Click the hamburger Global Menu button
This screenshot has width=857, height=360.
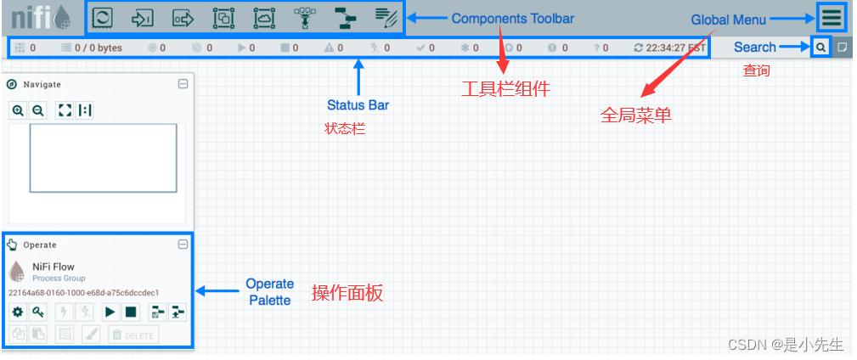point(832,18)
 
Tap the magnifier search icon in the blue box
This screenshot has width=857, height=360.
point(820,48)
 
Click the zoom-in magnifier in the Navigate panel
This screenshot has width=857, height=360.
point(18,110)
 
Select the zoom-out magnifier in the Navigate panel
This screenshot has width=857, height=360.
point(37,110)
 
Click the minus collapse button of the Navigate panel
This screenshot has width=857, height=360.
point(183,84)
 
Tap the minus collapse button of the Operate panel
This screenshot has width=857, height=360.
point(183,245)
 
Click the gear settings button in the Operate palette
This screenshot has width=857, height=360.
point(18,312)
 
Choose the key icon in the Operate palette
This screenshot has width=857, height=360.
point(38,312)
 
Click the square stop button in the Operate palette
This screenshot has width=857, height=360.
point(131,312)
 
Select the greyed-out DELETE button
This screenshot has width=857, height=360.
point(132,335)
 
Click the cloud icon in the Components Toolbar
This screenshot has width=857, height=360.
point(263,17)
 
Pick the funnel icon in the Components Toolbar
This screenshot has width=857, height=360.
point(303,17)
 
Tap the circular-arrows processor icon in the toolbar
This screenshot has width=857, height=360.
point(102,17)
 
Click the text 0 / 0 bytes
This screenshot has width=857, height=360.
point(98,48)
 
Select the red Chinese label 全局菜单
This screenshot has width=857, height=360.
point(636,115)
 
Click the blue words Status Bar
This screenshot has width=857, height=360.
point(358,105)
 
